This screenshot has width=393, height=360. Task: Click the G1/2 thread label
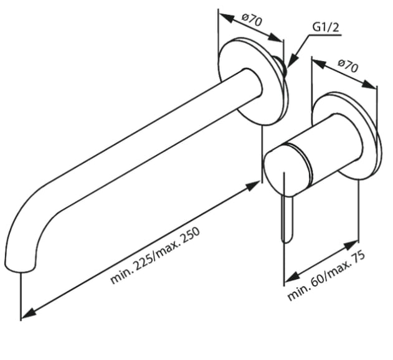[326, 27]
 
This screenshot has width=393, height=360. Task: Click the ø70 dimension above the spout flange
[252, 20]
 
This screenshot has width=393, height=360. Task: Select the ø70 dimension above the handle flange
[348, 65]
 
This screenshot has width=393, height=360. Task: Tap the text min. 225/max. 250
[156, 255]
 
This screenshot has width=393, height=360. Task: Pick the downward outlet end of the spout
[19, 267]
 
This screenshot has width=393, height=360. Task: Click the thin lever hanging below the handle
[286, 218]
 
